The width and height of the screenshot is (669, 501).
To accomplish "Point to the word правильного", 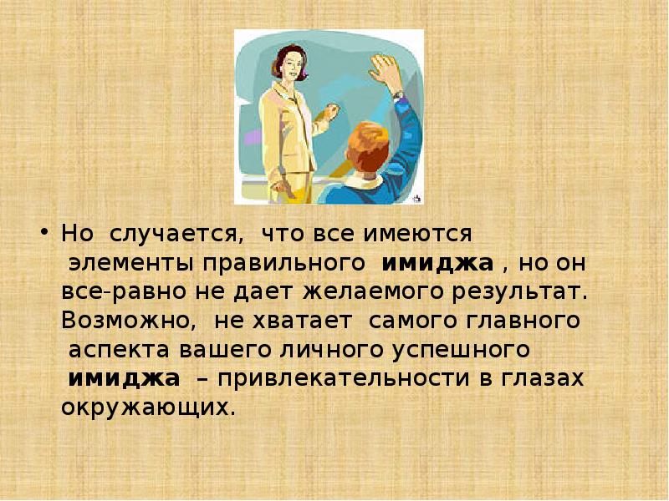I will point(282,264).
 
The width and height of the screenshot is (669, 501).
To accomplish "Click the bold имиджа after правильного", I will point(437,263).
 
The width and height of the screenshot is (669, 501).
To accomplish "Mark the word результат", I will point(515,292).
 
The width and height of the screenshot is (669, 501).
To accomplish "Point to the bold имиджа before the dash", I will point(125,379).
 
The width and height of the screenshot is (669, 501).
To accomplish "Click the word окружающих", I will point(144,407).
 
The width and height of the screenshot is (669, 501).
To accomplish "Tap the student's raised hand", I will point(386,72).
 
